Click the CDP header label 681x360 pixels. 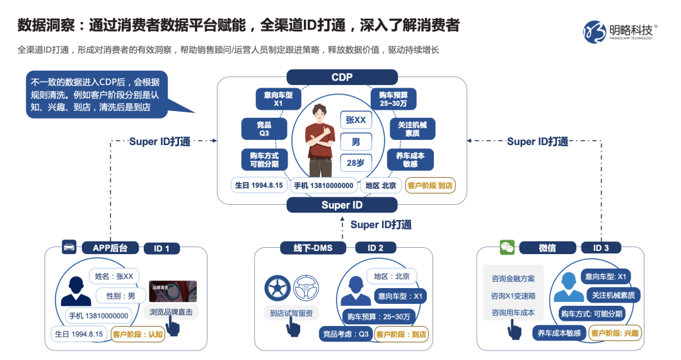click(342, 77)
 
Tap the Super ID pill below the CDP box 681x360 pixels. click(342, 205)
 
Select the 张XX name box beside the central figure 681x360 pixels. click(356, 120)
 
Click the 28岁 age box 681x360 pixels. click(356, 162)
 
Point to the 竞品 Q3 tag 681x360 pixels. click(264, 129)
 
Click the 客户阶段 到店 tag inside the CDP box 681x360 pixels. click(430, 185)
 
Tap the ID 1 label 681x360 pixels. click(161, 248)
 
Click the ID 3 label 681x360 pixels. click(601, 248)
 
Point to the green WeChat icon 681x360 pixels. click(507, 247)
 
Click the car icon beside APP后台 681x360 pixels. click(69, 247)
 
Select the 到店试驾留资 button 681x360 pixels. click(291, 313)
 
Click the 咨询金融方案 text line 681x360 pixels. click(513, 278)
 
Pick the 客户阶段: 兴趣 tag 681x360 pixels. click(614, 334)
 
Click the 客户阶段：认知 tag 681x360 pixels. click(138, 334)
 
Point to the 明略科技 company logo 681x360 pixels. click(620, 31)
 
